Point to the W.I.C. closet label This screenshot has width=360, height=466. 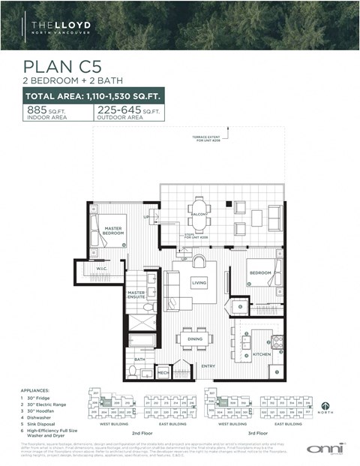point(103,269)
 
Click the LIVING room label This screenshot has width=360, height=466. point(199,283)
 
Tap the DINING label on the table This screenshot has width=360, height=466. point(194,339)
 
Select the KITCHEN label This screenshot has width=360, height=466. point(261,353)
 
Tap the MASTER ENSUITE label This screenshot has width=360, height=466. point(136,295)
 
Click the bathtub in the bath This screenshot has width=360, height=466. point(142,341)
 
